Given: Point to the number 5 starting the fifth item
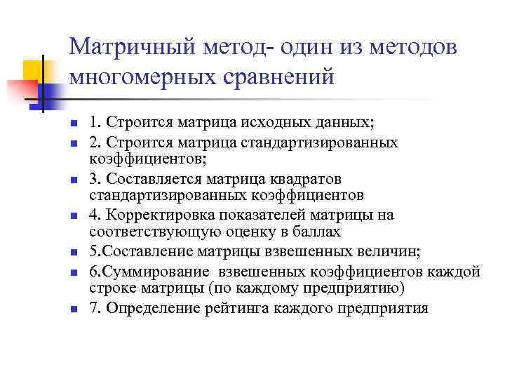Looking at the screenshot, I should pos(93,251).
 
